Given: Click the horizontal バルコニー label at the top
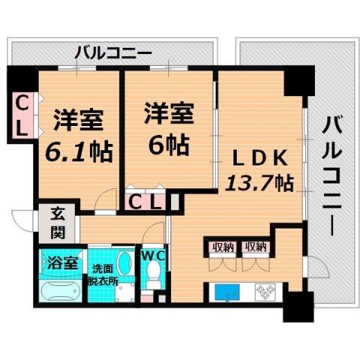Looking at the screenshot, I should [x=115, y=52].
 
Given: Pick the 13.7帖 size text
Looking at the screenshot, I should [x=259, y=181].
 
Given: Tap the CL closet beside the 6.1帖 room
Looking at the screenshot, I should [x=22, y=115].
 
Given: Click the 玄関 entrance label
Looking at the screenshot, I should [x=58, y=222].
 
